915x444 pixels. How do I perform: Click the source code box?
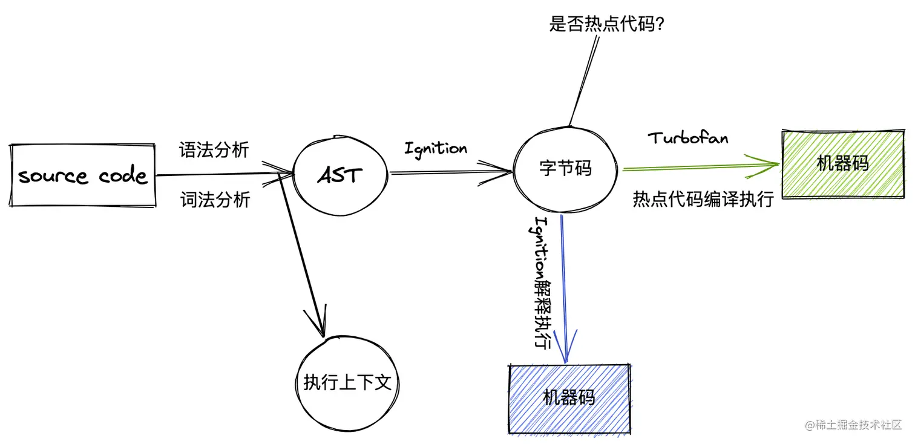pyautogui.click(x=83, y=175)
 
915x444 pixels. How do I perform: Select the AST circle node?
pyautogui.click(x=340, y=175)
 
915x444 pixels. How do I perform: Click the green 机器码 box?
pyautogui.click(x=843, y=163)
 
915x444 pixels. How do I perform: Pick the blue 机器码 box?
pyautogui.click(x=569, y=398)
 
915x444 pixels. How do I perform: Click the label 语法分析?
pyautogui.click(x=214, y=149)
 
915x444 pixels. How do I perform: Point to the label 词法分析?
pyautogui.click(x=215, y=200)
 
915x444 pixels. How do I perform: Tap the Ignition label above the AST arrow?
pyautogui.click(x=436, y=148)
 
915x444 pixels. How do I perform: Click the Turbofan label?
pyautogui.click(x=688, y=138)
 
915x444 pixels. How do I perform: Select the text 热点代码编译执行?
pyautogui.click(x=703, y=199)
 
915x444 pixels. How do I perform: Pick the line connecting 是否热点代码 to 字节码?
pyautogui.click(x=584, y=79)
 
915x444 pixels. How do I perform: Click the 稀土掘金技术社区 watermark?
pyautogui.click(x=853, y=425)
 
